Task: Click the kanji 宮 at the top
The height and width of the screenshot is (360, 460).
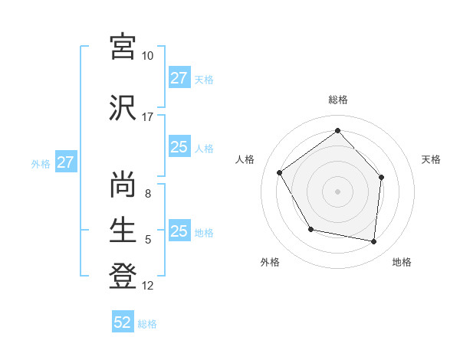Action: tap(123, 47)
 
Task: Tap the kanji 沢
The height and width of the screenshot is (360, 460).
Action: tap(123, 107)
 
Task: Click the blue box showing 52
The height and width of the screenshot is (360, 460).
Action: tap(123, 322)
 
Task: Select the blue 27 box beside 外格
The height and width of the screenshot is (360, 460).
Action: tap(65, 163)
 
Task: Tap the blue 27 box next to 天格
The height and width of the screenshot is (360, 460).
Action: tap(179, 78)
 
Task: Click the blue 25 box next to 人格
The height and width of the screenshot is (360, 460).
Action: tap(179, 148)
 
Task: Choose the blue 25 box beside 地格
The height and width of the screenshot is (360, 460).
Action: tap(179, 231)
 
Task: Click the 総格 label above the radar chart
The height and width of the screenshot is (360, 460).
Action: tap(337, 100)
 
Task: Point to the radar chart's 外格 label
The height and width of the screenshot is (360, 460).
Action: tap(270, 262)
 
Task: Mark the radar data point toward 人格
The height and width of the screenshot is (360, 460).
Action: tap(280, 173)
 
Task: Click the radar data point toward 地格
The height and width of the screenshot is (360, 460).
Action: tap(373, 241)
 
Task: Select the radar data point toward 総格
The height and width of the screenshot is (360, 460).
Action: tap(337, 130)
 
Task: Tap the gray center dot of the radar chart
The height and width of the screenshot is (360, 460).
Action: tap(337, 191)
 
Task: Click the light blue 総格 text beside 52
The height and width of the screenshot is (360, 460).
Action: tap(147, 324)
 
